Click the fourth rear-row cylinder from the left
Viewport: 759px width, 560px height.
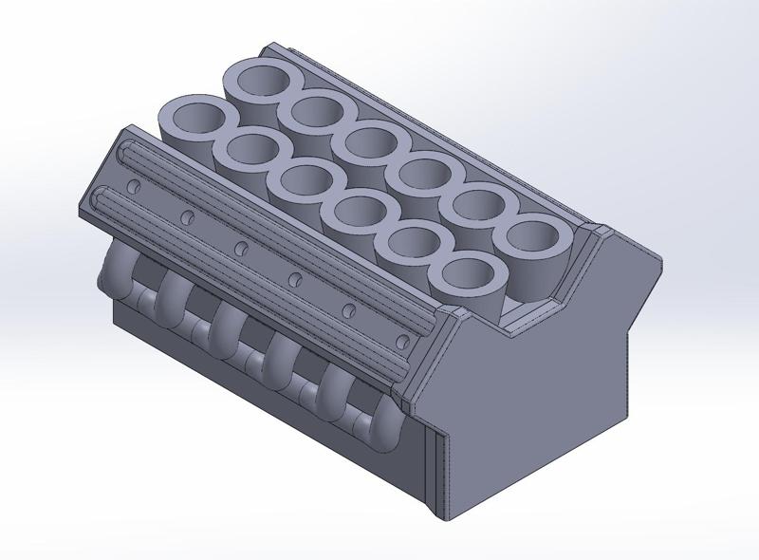click(x=423, y=175)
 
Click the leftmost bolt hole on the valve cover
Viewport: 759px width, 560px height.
click(x=134, y=184)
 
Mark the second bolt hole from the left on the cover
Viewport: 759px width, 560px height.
click(x=188, y=216)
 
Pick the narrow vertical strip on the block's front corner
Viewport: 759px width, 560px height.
click(x=438, y=475)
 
